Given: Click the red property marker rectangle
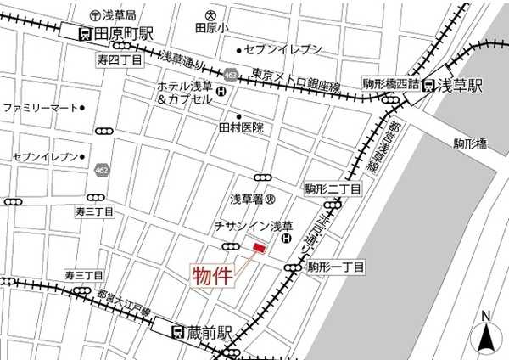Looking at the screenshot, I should pos(259,247).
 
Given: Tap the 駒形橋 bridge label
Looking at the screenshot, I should pos(469,143).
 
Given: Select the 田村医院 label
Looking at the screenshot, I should pos(242,128).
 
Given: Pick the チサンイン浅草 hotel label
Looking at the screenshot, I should pos(253,226).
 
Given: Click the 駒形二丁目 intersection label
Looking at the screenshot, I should pos(333,188).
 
